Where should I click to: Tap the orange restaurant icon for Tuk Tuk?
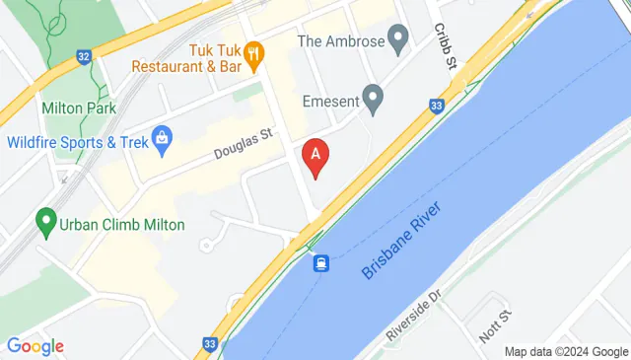coord(253,53)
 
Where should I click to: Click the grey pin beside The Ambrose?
coord(399,40)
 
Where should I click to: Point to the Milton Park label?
coord(79,108)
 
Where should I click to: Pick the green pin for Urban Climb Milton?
coord(44,221)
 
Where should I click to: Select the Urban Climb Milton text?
coord(122,224)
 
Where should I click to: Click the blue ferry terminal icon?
coord(321,263)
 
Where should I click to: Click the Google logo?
coord(35,346)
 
